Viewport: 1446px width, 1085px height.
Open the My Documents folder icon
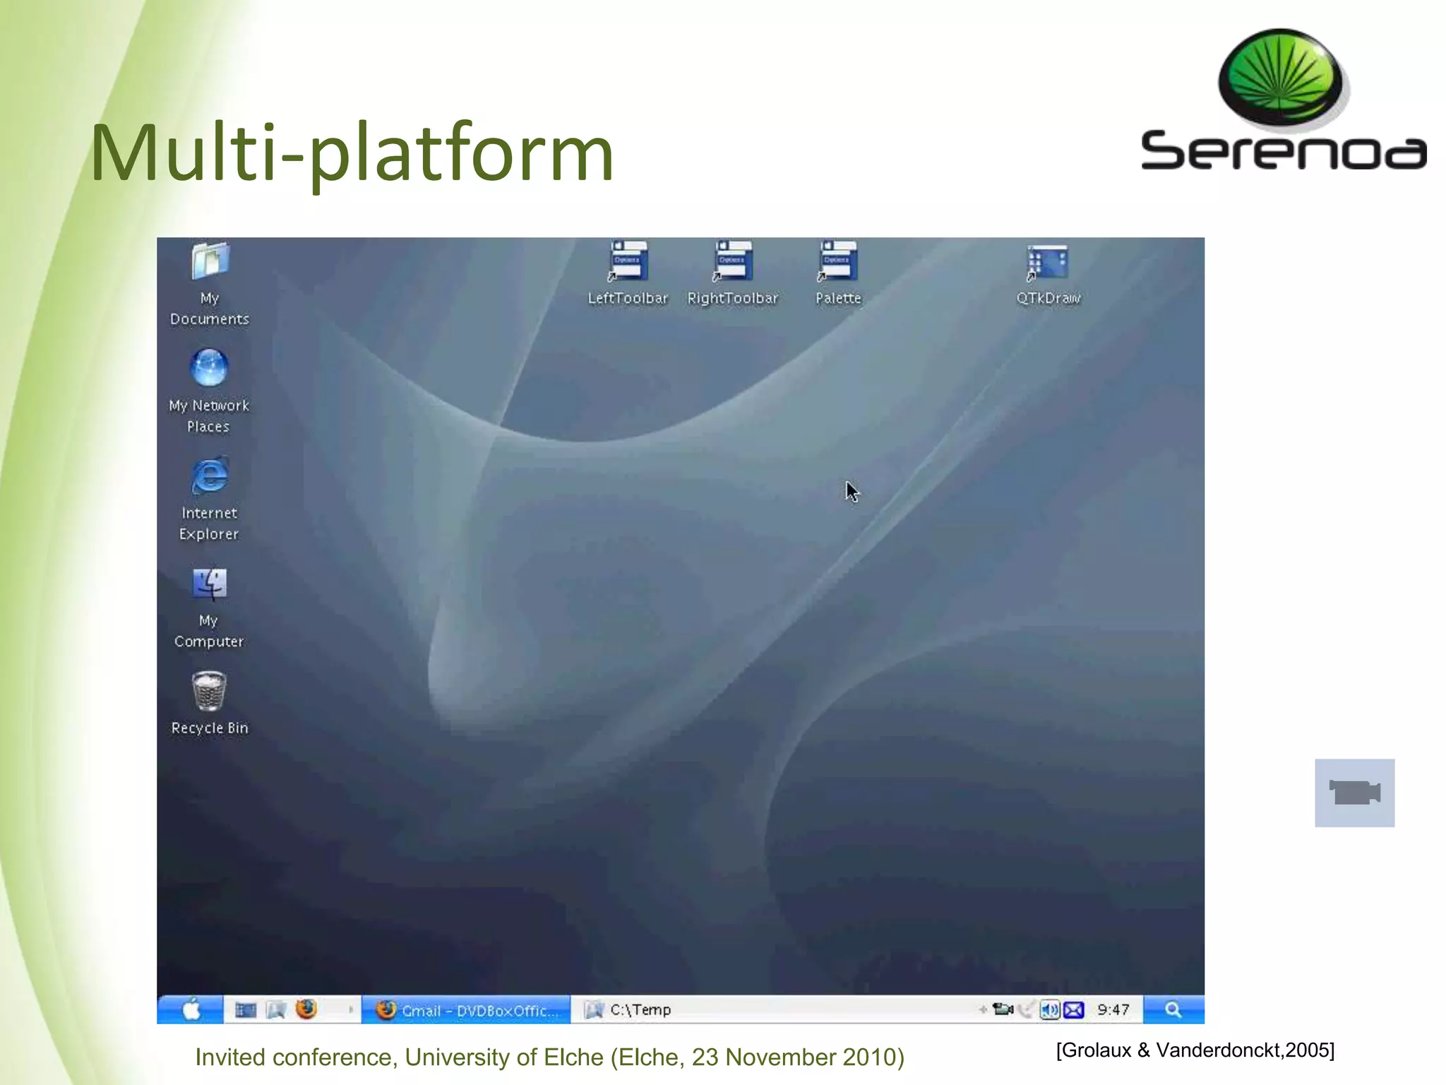(x=210, y=261)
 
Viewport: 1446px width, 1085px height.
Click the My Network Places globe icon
(x=209, y=368)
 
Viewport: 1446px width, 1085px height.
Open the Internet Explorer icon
(x=210, y=475)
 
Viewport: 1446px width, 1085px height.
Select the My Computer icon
(x=210, y=584)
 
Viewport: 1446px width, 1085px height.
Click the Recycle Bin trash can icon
(x=209, y=691)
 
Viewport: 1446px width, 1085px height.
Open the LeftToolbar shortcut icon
(x=628, y=261)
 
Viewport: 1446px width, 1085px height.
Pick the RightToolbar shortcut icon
(x=733, y=261)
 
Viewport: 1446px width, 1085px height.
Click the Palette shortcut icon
(x=838, y=261)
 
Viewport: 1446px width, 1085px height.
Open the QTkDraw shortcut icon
(x=1048, y=263)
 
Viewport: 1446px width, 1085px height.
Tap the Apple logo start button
(x=191, y=1009)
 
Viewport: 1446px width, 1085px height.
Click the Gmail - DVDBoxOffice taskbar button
(x=466, y=1010)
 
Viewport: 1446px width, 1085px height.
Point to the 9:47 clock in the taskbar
(x=1113, y=1010)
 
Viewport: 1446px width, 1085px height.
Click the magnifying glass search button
(x=1173, y=1009)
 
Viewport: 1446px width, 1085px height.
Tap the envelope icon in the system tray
(x=1074, y=1010)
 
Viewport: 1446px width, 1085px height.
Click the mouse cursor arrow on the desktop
(x=852, y=491)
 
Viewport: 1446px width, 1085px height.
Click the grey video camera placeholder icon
(x=1354, y=793)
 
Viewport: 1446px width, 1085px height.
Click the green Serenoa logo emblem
(x=1281, y=78)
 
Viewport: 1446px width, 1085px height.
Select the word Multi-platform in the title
(x=352, y=153)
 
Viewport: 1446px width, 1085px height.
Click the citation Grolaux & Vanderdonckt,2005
(x=1195, y=1050)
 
